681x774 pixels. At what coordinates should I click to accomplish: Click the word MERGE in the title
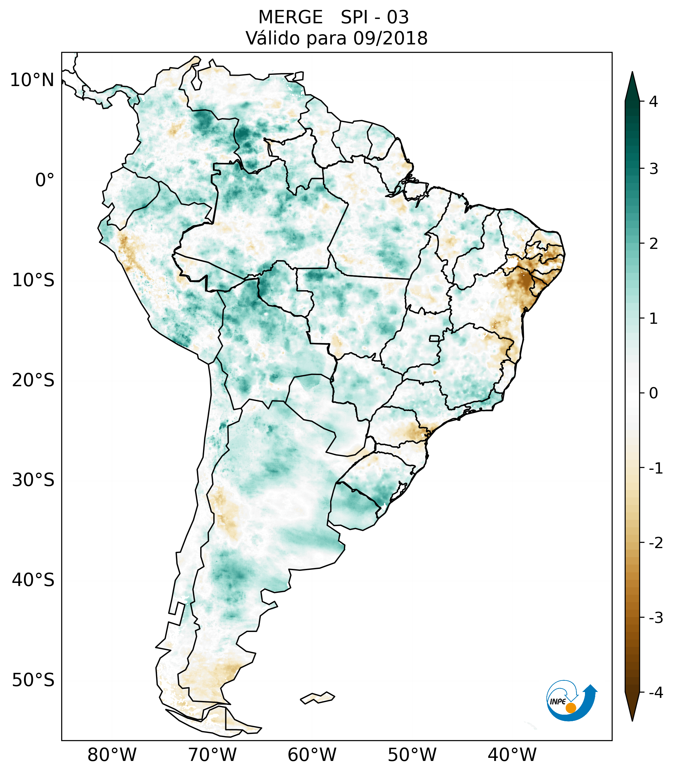pos(290,17)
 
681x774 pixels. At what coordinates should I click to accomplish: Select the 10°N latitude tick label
pos(32,80)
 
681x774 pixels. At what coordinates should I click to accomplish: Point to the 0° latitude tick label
pos(45,180)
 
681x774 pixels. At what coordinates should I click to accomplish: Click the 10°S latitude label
pos(33,280)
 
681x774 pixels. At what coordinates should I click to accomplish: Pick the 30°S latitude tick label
pos(33,480)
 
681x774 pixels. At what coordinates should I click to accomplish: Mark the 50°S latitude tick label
pos(33,680)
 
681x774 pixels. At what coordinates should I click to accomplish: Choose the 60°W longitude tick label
pos(312,755)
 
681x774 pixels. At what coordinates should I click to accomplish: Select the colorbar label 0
pos(653,393)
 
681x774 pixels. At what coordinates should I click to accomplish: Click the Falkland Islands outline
pos(317,698)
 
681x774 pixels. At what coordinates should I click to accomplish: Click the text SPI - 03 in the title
pos(375,17)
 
